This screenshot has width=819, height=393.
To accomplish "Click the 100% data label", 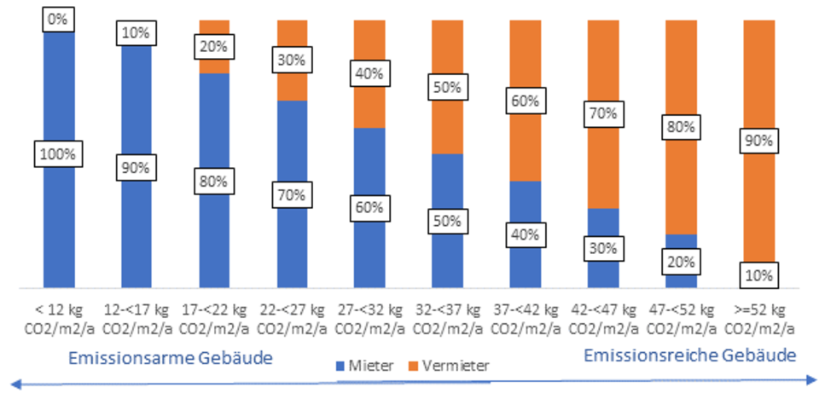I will [57, 154].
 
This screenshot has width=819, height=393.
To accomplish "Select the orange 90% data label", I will [758, 142].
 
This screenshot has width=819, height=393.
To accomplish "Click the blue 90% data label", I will [135, 168].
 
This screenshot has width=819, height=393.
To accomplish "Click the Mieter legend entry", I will [363, 366].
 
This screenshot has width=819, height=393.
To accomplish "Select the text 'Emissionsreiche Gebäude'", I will [691, 354].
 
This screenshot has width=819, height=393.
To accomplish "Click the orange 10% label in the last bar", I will [758, 275].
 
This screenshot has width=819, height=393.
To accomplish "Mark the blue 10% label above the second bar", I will [135, 33].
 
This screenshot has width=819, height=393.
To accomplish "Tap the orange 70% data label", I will [603, 114].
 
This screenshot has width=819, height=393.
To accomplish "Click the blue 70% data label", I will [291, 195].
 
